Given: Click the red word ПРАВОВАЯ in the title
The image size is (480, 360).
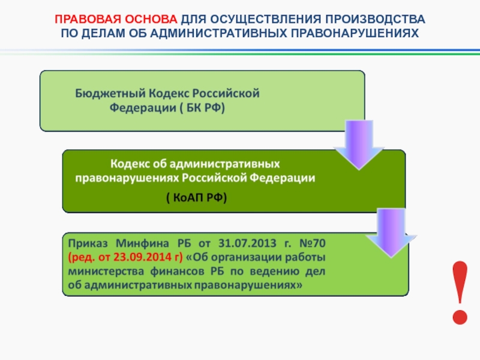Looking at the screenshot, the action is pos(88,19).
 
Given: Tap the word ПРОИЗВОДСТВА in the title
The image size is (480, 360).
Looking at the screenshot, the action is pos(375,19).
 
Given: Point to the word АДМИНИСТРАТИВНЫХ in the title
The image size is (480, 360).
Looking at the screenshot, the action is pos(218,33).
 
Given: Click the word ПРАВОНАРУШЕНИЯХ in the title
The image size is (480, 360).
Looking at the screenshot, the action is pos(355,33).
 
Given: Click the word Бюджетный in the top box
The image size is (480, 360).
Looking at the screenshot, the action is pos(110,94).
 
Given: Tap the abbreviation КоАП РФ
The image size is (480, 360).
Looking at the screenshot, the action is pos(197,197).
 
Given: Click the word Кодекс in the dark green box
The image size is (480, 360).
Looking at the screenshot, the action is pos(130,164).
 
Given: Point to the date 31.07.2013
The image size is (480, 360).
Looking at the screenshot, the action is pos(247,244).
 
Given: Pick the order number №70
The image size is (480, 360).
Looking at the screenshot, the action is pos(312,244).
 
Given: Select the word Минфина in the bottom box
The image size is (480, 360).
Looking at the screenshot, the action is pos(142,244).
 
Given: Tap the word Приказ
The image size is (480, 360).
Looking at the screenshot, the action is pos(88,244).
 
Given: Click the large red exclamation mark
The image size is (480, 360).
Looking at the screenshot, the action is pos(460,293).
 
